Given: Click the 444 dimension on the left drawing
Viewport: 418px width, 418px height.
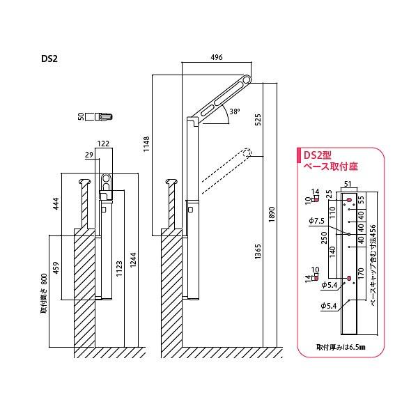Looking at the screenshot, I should pos(65,204).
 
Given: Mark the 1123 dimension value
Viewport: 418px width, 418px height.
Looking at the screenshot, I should pos(119,268).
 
